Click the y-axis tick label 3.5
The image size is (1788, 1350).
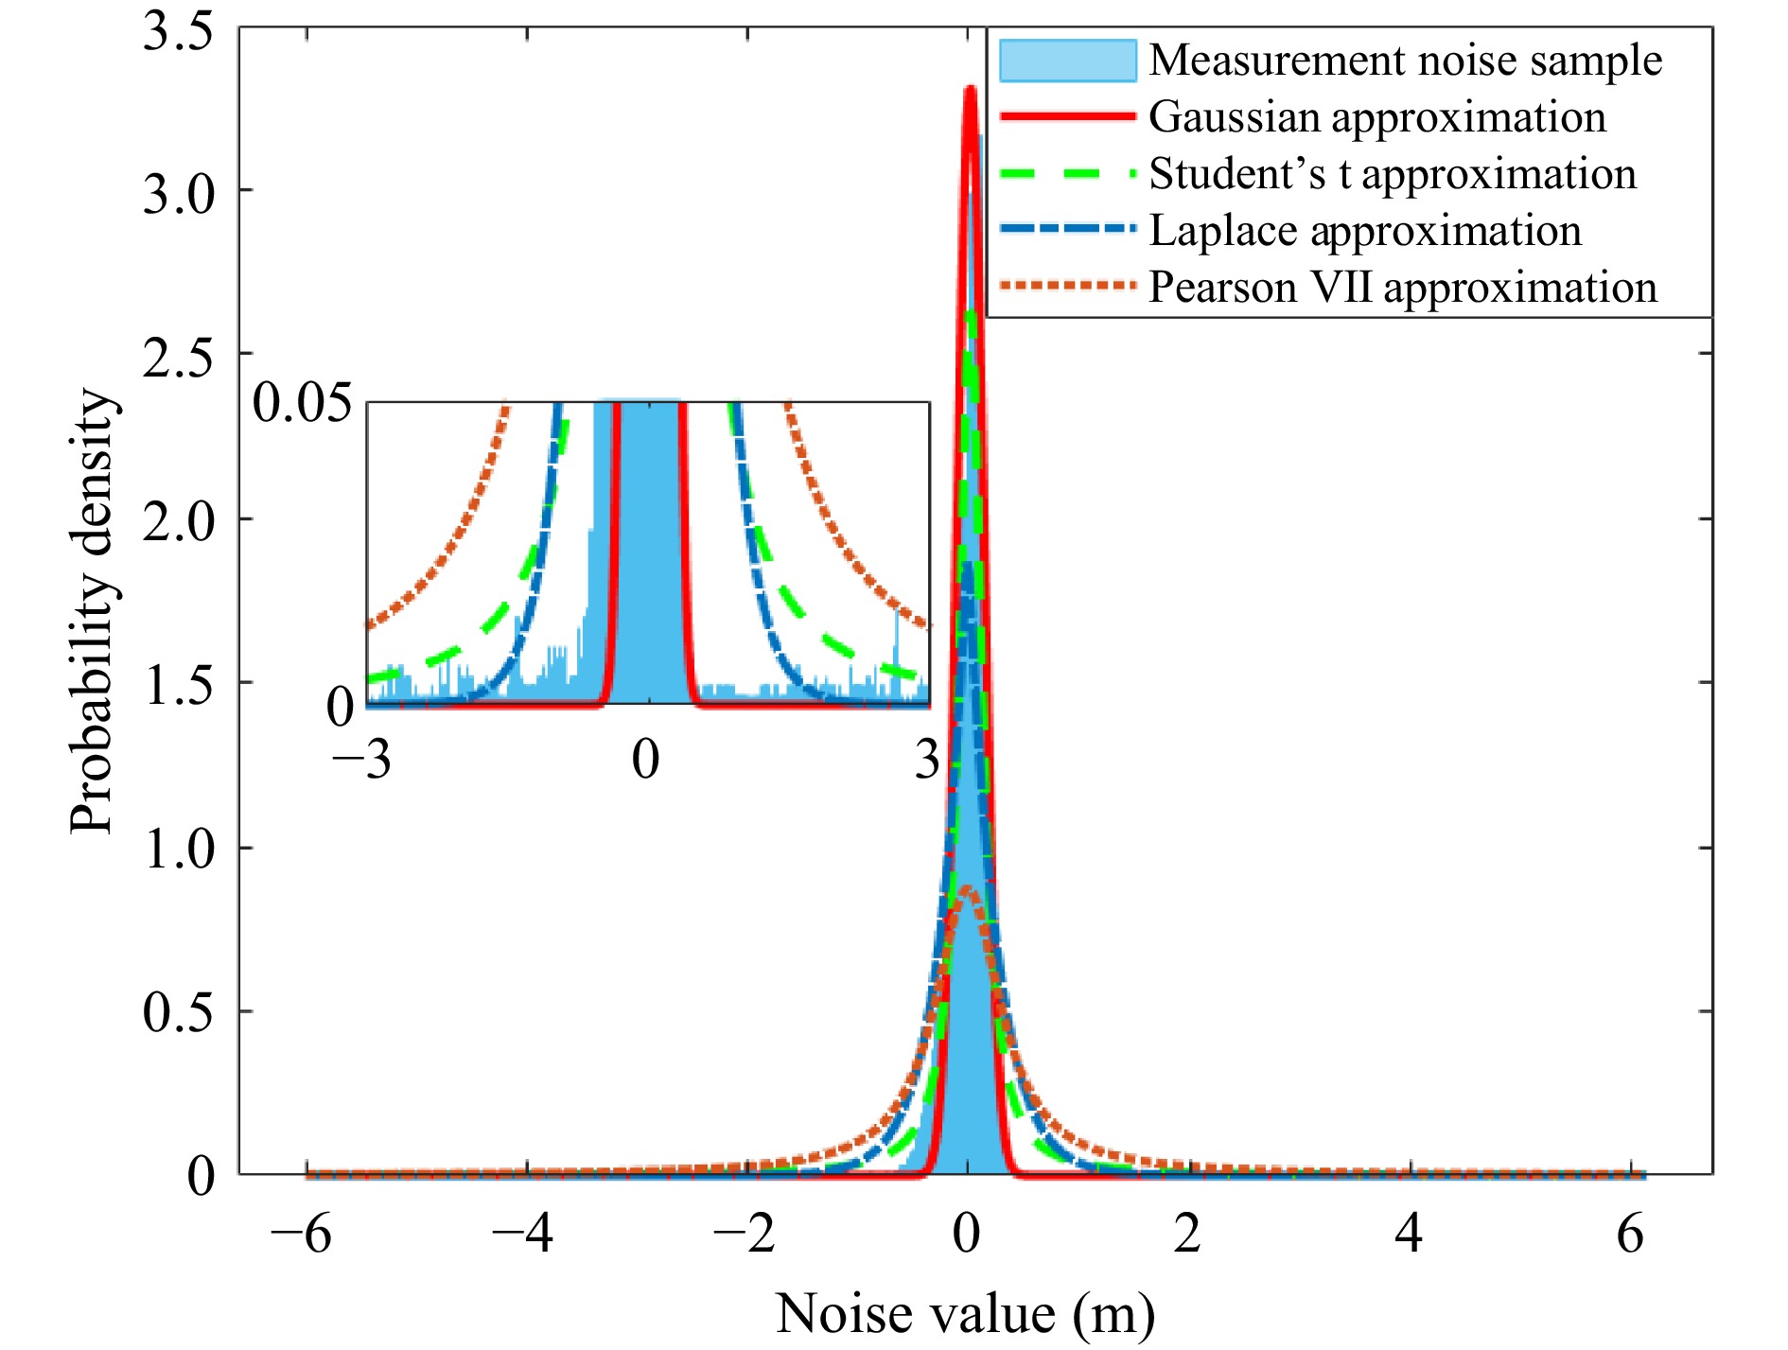point(179,30)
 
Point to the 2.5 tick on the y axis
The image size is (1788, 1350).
point(179,358)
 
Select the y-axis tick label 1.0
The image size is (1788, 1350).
point(179,848)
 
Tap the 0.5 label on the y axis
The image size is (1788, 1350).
point(179,1011)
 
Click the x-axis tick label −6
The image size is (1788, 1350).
point(301,1234)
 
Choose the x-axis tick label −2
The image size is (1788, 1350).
point(745,1234)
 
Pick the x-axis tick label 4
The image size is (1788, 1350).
point(1409,1234)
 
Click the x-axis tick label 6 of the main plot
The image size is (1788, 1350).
point(1630,1234)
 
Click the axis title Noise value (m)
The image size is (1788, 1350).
point(965,1313)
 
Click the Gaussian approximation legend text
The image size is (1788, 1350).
point(1377,117)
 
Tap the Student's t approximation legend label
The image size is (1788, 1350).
point(1393,174)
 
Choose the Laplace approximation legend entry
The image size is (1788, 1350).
point(1365,231)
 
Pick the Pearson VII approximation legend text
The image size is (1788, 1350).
point(1403,288)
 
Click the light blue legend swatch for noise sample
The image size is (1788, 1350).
point(1068,61)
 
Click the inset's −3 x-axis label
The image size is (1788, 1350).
point(361,759)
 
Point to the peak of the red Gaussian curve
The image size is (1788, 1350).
point(970,89)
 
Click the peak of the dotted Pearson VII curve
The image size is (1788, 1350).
point(967,889)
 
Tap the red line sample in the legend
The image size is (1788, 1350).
point(1068,116)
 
